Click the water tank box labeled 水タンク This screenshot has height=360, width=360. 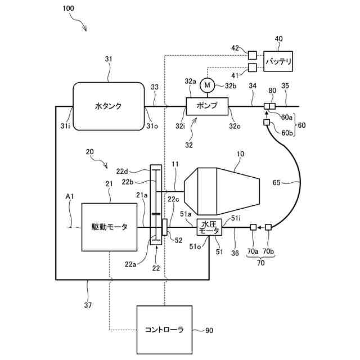pyautogui.click(x=109, y=106)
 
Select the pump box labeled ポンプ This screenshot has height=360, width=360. pyautogui.click(x=207, y=106)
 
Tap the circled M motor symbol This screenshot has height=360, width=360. pyautogui.click(x=207, y=85)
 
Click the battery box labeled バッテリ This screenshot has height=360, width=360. pyautogui.click(x=278, y=61)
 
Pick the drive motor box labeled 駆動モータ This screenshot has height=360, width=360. pyautogui.click(x=110, y=227)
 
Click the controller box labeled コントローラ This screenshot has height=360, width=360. pyautogui.click(x=164, y=330)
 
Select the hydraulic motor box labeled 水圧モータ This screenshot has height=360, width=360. pyautogui.click(x=210, y=227)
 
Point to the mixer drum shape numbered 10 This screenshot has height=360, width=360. pyautogui.click(x=222, y=191)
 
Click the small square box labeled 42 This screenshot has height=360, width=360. pyautogui.click(x=253, y=55)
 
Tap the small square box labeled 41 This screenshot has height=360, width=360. pyautogui.click(x=253, y=67)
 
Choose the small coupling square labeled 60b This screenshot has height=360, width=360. pyautogui.click(x=266, y=123)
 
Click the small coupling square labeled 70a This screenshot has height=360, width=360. pyautogui.click(x=253, y=227)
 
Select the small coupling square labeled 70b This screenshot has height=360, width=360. pyautogui.click(x=268, y=227)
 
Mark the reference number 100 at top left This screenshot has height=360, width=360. pyautogui.click(x=68, y=8)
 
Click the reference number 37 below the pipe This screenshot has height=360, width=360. pyautogui.click(x=88, y=305)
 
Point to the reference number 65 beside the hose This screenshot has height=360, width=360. pyautogui.click(x=277, y=182)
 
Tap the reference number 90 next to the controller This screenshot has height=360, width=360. pyautogui.click(x=209, y=330)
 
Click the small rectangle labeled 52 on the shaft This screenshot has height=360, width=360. pyautogui.click(x=164, y=227)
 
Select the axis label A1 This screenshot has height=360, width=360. pyautogui.click(x=70, y=196)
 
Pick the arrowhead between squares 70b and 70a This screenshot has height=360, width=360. pyautogui.click(x=259, y=227)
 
